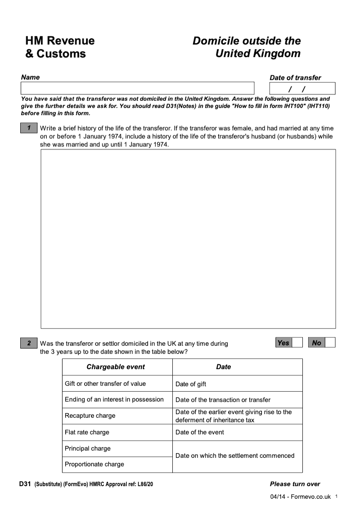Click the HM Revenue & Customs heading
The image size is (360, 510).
pyautogui.click(x=60, y=47)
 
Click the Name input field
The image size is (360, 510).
pyautogui.click(x=137, y=88)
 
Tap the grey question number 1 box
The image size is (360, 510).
pyautogui.click(x=29, y=128)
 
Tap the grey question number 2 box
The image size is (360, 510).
pyautogui.click(x=29, y=343)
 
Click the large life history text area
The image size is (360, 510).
pyautogui.click(x=188, y=239)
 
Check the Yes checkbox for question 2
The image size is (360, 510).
pyautogui.click(x=297, y=343)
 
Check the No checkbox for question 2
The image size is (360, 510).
pyautogui.click(x=330, y=343)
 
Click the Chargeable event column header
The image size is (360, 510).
pyautogui.click(x=116, y=367)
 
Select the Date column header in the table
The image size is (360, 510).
pyautogui.click(x=223, y=367)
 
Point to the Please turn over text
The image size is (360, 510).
pyautogui.click(x=295, y=484)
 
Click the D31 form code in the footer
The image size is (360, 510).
pyautogui.click(x=25, y=484)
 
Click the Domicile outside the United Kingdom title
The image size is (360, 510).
pyautogui.click(x=247, y=47)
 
